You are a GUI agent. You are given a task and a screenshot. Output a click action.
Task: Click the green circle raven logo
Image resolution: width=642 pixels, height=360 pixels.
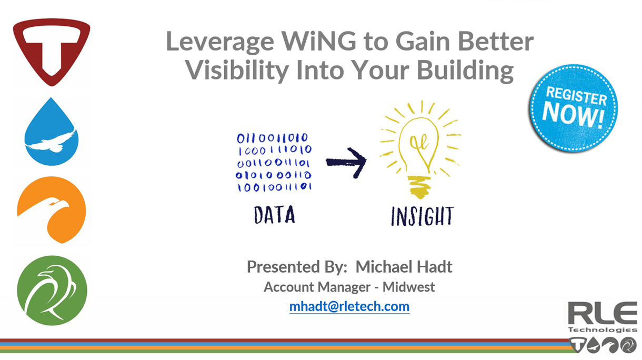tap(52, 291)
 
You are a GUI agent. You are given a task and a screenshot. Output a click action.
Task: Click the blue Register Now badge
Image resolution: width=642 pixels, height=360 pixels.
tap(574, 108)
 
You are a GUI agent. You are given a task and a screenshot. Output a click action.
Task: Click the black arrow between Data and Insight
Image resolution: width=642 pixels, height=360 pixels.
tap(346, 162)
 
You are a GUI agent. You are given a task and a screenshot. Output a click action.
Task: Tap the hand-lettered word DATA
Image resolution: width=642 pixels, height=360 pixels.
tap(274, 215)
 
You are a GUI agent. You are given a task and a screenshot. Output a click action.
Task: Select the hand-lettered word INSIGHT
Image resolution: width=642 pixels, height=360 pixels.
tap(422, 216)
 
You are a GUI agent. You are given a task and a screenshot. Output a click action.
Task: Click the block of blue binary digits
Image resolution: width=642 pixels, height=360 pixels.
tap(274, 163)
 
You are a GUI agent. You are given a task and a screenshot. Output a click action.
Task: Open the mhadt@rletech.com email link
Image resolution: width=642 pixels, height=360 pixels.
tap(349, 306)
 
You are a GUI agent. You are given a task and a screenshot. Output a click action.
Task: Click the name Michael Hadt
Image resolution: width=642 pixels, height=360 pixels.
tap(404, 266)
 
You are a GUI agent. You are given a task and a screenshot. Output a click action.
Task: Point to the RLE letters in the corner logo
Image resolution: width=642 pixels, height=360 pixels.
tap(602, 314)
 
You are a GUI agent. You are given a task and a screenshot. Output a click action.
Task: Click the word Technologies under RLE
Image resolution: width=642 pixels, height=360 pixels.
tap(602, 329)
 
